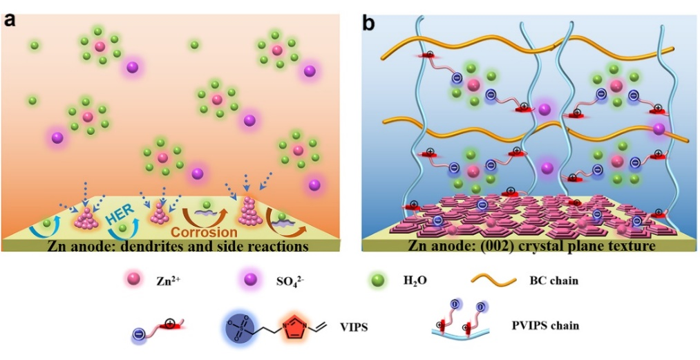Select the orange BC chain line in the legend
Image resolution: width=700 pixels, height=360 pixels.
496,281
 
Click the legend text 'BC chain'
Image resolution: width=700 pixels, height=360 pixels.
553,281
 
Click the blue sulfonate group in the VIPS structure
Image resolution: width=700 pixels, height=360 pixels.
244,325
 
